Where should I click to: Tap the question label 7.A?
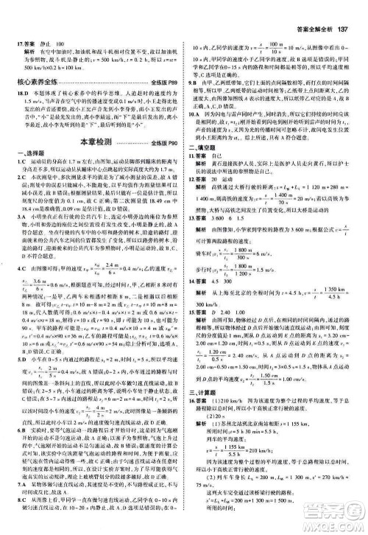[23, 482]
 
